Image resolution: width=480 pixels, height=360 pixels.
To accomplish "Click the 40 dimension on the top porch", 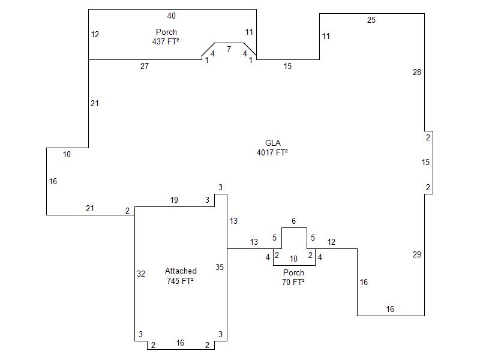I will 172,16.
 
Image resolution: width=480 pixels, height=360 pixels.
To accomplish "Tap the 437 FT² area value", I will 166,42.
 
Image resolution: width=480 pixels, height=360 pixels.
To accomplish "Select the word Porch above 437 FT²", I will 166,32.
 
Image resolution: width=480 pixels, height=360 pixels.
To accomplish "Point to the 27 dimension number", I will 145,67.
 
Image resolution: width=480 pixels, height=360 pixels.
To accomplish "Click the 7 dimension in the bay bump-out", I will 229,49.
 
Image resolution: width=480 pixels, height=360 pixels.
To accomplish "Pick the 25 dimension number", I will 371,20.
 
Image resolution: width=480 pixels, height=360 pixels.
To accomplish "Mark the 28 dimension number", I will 417,73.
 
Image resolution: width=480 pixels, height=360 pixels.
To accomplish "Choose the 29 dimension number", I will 417,255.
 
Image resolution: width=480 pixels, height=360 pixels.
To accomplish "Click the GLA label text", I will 273,143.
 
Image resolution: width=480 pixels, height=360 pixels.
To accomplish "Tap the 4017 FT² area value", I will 272,153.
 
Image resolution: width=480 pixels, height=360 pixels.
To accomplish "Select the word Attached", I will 181,271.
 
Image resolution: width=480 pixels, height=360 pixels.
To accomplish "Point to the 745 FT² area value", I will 181,281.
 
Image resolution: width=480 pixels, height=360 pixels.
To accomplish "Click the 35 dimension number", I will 220,268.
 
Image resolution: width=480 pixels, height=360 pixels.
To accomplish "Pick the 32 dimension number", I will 141,274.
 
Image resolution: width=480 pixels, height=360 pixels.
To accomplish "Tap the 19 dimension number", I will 174,200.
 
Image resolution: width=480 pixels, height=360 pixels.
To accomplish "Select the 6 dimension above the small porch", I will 293,221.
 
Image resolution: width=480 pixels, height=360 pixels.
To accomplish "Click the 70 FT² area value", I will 293,282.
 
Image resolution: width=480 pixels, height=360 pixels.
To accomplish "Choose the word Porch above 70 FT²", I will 293,273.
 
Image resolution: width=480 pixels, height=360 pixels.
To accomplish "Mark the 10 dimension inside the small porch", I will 293,259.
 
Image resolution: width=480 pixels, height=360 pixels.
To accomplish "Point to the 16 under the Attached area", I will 180,343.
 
